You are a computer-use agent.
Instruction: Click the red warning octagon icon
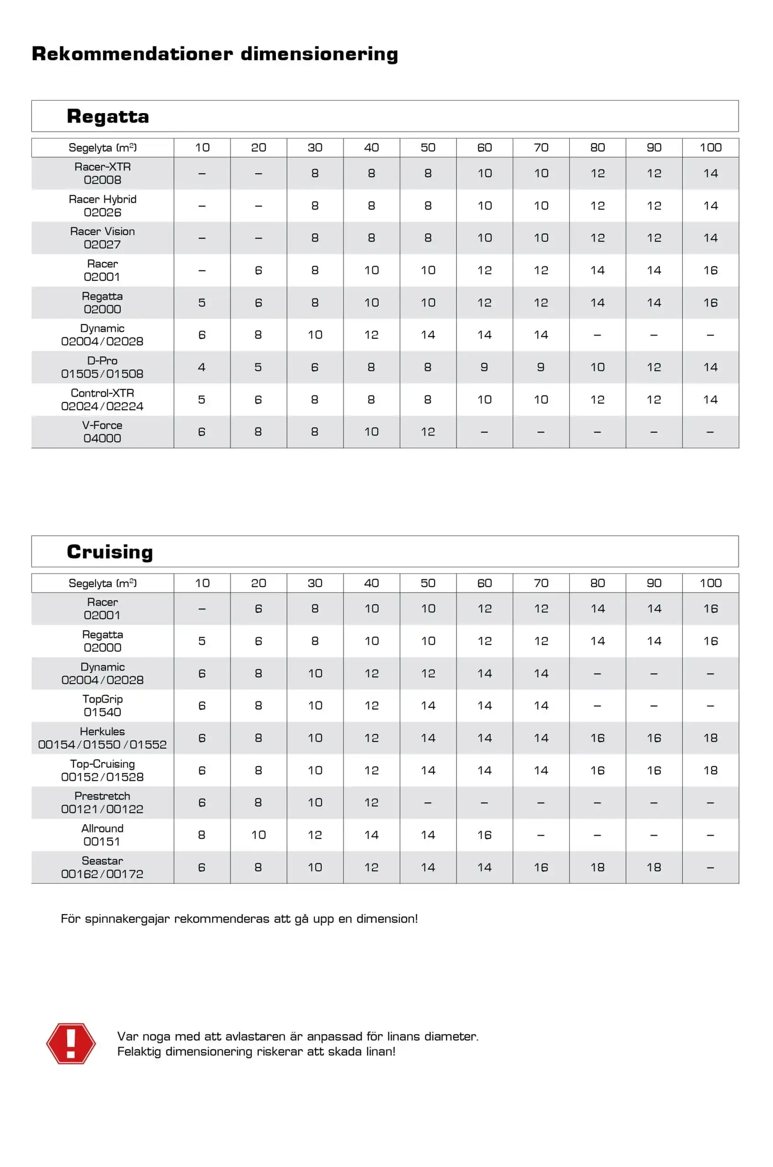pyautogui.click(x=71, y=1043)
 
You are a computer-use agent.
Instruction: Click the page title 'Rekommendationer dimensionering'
pyautogui.click(x=214, y=54)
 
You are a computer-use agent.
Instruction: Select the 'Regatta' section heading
pyautogui.click(x=108, y=116)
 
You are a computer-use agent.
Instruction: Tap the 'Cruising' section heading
pyautogui.click(x=109, y=552)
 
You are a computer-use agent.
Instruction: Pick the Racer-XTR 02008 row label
pyautogui.click(x=103, y=174)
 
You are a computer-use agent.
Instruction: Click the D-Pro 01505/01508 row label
pyautogui.click(x=103, y=367)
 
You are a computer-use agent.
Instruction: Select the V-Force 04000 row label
pyautogui.click(x=103, y=432)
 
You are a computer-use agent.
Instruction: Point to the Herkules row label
pyautogui.click(x=103, y=738)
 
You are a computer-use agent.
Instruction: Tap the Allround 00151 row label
pyautogui.click(x=103, y=835)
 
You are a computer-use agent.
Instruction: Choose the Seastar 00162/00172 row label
pyautogui.click(x=103, y=868)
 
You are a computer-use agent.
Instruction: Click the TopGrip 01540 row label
pyautogui.click(x=103, y=706)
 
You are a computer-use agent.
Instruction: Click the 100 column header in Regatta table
pyautogui.click(x=711, y=147)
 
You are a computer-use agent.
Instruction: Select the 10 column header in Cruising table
pyautogui.click(x=202, y=583)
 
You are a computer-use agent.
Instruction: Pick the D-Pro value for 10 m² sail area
pyautogui.click(x=202, y=367)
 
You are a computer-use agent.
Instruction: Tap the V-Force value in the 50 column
pyautogui.click(x=428, y=432)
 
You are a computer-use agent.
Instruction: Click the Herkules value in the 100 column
pyautogui.click(x=711, y=738)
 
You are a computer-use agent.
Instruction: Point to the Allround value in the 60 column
pyautogui.click(x=485, y=835)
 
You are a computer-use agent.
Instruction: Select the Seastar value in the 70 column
pyautogui.click(x=541, y=868)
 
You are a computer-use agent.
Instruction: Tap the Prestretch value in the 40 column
pyautogui.click(x=371, y=802)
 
